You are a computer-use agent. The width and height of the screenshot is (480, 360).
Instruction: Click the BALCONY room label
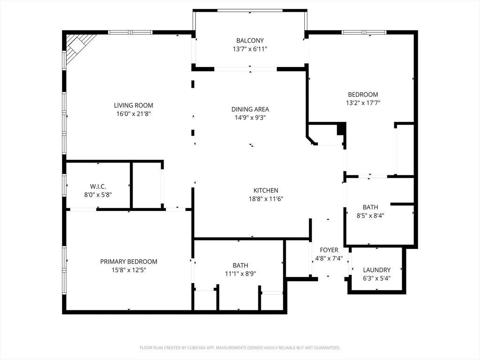tap(250, 40)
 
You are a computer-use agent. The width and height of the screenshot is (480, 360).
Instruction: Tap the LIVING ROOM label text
tap(134, 105)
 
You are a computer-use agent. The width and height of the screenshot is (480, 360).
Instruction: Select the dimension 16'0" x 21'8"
tap(134, 114)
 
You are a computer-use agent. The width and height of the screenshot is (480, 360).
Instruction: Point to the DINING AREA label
tap(250, 109)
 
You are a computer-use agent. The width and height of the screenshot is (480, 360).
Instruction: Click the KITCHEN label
tap(266, 190)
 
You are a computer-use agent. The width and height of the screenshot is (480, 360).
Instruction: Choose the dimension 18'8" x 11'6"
tap(266, 199)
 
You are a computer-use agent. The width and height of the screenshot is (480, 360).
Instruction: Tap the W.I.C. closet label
tap(98, 187)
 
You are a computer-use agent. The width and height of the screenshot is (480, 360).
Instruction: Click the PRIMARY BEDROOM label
tap(129, 262)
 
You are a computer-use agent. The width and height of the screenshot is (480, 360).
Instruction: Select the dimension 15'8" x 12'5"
tap(129, 270)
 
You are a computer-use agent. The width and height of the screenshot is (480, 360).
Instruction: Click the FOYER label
tap(329, 250)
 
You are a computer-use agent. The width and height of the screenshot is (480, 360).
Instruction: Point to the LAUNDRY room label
tap(377, 270)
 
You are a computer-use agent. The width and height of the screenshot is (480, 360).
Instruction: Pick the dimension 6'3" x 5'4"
tap(377, 278)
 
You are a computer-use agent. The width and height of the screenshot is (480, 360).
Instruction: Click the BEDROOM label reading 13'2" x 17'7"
tap(363, 95)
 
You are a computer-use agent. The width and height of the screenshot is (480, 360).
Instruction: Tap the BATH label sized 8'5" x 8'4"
tap(370, 207)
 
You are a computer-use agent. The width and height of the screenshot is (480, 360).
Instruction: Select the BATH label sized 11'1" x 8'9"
tap(240, 265)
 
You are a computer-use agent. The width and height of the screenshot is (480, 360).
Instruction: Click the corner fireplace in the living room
tap(76, 47)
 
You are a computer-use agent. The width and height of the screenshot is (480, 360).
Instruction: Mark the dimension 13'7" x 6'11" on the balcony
tap(250, 49)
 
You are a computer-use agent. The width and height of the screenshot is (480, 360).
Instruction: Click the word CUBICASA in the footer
tap(197, 348)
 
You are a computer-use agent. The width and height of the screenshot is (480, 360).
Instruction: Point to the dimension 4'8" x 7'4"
tap(329, 259)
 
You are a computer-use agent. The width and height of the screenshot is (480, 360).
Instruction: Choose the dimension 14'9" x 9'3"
tap(250, 118)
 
